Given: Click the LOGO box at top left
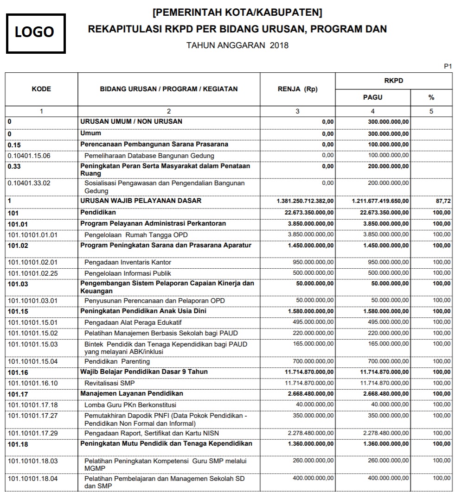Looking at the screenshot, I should click(35, 32).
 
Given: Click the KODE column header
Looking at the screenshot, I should click(41, 89).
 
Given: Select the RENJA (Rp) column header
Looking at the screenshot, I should click(297, 89).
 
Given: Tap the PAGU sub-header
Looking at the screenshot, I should click(372, 98).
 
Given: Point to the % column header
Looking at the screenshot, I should click(431, 98).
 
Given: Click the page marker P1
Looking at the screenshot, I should click(448, 67).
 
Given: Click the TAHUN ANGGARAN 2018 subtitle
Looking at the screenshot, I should click(237, 45).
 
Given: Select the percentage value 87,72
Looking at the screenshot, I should click(443, 202).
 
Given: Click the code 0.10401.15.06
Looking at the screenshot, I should click(29, 156).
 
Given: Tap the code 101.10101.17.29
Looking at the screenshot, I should click(33, 433).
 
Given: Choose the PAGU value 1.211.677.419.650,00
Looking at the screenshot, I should click(380, 202).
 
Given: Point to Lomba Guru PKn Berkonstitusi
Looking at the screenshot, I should click(130, 404).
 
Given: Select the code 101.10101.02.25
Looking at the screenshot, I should click(33, 273).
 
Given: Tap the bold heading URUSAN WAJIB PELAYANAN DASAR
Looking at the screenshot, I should click(141, 201).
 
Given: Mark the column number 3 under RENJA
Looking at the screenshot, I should click(297, 111).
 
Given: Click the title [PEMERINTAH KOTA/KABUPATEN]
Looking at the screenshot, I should click(237, 12).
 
